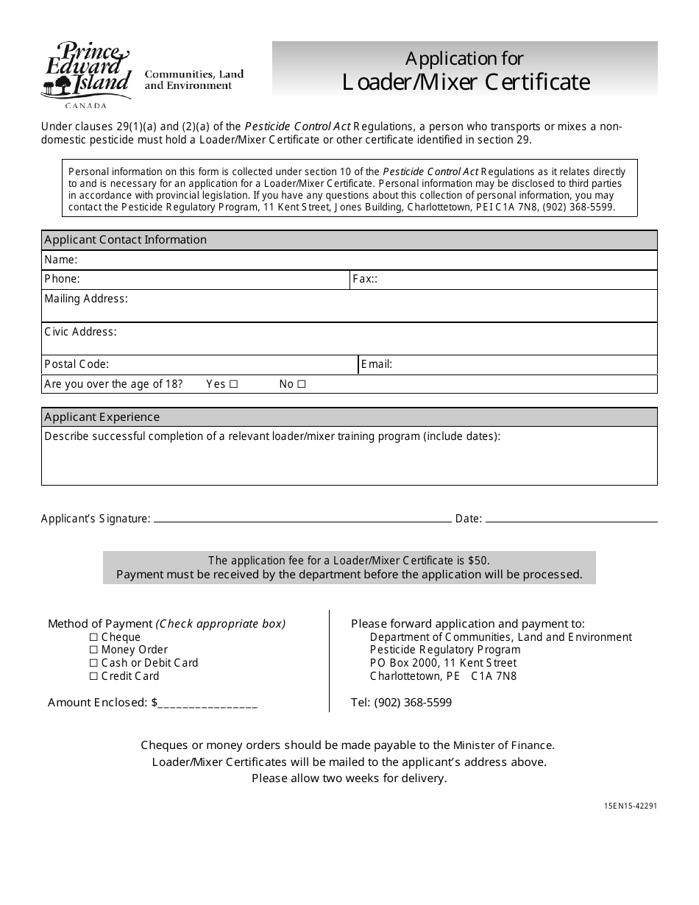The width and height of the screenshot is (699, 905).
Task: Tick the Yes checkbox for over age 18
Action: coord(233,384)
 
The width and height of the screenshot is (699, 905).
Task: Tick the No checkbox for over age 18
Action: coord(301,384)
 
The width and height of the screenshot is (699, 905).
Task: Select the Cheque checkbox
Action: coord(93,637)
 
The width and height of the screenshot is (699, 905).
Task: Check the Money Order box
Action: coord(93,650)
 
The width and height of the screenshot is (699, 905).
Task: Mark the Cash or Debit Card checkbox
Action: coord(93,664)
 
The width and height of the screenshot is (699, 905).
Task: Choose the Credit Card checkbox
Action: coord(93,677)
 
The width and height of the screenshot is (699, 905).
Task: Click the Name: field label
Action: coord(60,260)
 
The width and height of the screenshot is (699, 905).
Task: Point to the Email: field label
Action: coord(377,364)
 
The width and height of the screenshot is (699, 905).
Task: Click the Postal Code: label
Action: coord(77,364)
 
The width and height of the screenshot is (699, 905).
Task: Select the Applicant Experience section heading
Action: coord(102,417)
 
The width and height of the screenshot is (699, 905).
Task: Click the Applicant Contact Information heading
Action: coord(125,240)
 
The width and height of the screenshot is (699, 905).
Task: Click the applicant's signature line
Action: coord(302,519)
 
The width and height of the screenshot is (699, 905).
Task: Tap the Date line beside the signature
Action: coord(571,519)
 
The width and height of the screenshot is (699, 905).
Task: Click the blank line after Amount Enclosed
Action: coord(207,704)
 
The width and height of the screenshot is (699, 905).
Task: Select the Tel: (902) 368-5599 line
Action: coord(401,703)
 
